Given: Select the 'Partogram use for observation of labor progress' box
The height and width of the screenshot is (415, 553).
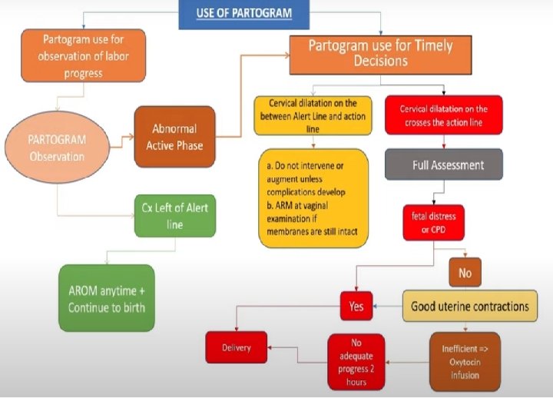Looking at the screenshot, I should tap(83, 55).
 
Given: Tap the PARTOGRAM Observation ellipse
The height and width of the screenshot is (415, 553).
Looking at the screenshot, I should tap(58, 147).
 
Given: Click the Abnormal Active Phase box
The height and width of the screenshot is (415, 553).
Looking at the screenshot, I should tap(174, 137).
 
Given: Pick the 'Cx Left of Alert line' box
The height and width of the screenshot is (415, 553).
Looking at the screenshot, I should tap(174, 216).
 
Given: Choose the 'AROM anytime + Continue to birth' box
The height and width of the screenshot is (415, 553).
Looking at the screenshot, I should tap(106, 299).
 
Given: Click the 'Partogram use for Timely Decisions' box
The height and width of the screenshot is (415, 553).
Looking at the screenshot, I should tap(380, 54).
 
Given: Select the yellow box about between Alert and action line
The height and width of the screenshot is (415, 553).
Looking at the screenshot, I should tap(312, 117).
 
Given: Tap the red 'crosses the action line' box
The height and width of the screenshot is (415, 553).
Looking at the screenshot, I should tap(443, 117).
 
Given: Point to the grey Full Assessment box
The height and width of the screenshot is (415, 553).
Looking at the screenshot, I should tap(444, 164).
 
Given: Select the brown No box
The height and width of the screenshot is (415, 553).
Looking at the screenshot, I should tap(465, 272).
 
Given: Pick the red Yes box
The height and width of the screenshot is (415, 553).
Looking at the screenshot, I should tap(356, 306).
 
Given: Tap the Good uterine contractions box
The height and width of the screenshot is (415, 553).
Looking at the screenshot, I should tap(469, 306).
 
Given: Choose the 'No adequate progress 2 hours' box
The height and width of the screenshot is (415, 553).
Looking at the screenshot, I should tap(356, 360).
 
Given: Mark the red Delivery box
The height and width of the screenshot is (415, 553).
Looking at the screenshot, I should tap(237, 347).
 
